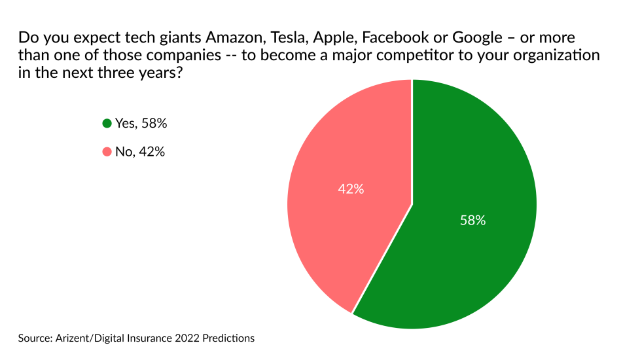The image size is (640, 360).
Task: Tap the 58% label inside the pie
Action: pos(472,221)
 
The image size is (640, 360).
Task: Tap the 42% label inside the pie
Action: pos(351,189)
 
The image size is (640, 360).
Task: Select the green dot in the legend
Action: pos(107,123)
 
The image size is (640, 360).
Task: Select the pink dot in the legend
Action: pos(107,152)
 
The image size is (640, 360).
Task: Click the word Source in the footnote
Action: pos(35,338)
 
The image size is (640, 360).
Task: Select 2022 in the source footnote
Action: pos(190,338)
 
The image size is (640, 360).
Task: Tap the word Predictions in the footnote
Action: pos(229,338)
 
